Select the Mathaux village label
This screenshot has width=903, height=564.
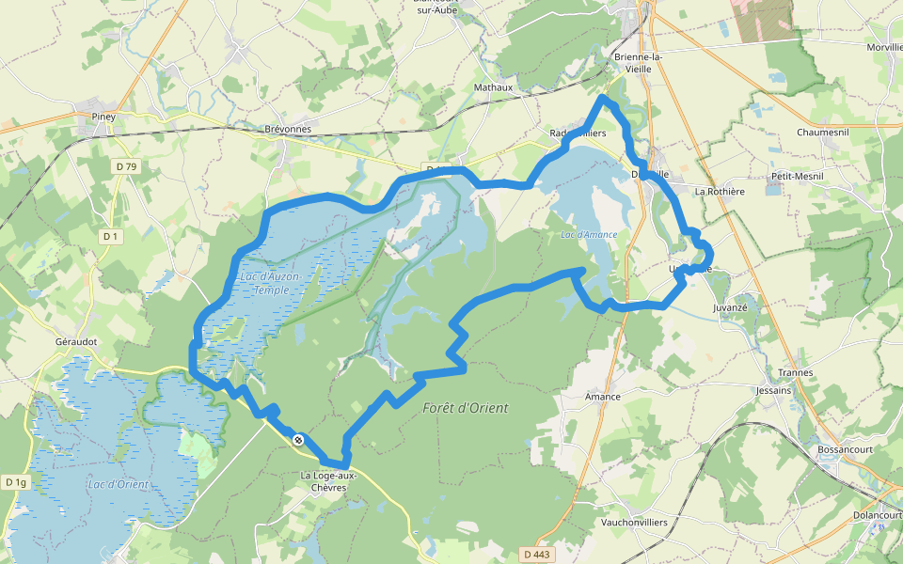tap(494, 87)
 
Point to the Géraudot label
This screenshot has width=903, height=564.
tap(76, 342)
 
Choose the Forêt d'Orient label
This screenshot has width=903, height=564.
tap(466, 407)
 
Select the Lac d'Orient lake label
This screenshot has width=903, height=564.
tap(117, 484)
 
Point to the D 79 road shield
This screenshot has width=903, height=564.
tap(126, 166)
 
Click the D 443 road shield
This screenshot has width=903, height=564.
tap(535, 555)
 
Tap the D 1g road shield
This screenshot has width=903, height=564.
tap(16, 482)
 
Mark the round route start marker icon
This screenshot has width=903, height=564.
tap(298, 440)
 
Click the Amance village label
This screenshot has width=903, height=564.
tap(602, 397)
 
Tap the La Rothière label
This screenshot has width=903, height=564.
tap(719, 191)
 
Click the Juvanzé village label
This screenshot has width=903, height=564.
tap(730, 307)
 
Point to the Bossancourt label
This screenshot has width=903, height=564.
tap(848, 449)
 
